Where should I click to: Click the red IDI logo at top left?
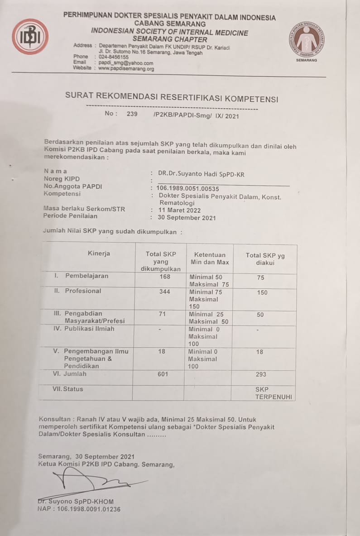click(x=30, y=37)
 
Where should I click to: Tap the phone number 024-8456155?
click(x=113, y=57)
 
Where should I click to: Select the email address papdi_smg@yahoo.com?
click(x=125, y=63)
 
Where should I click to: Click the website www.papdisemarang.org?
click(x=126, y=69)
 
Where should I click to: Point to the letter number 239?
click(x=132, y=114)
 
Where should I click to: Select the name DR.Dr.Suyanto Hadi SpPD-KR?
click(x=201, y=174)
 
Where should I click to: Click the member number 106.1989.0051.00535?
click(x=187, y=188)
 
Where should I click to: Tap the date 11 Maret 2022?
click(x=179, y=211)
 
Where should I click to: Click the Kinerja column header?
click(x=99, y=254)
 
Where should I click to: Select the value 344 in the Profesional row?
click(x=164, y=292)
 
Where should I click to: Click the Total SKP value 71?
click(x=163, y=314)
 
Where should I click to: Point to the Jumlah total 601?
click(x=163, y=374)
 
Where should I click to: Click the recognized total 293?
click(x=261, y=374)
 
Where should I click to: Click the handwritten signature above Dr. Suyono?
click(x=91, y=481)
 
